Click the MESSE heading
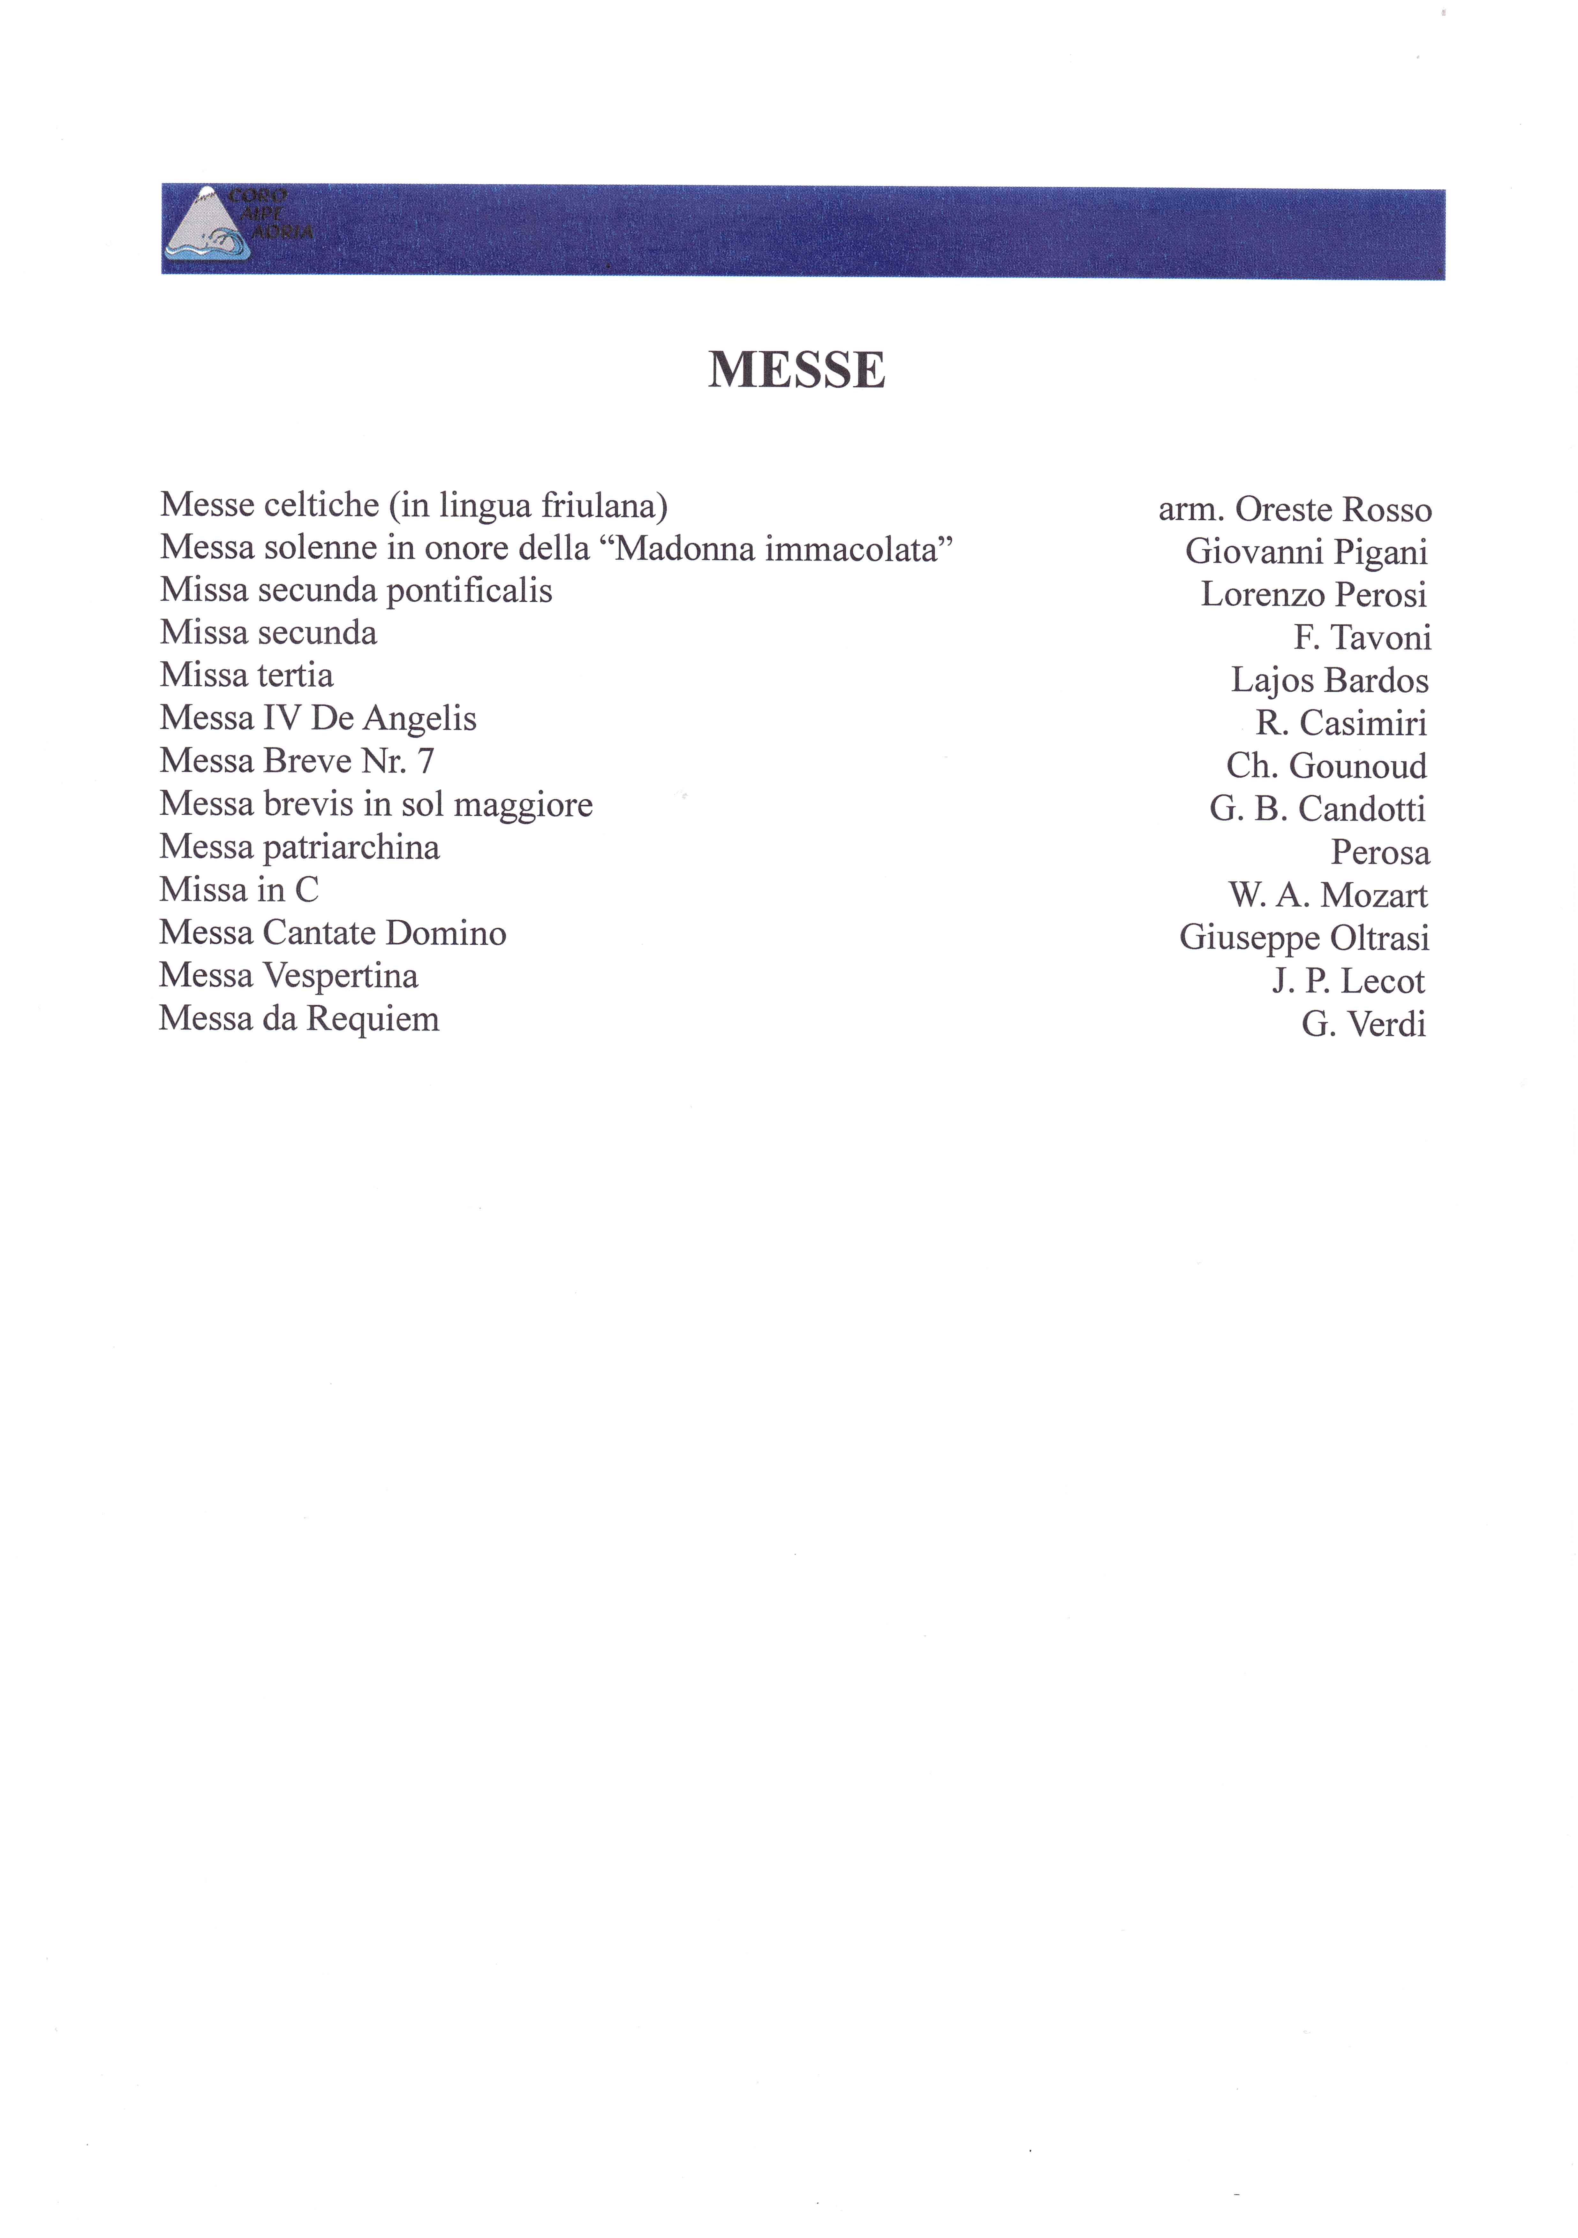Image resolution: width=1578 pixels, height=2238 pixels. point(796,370)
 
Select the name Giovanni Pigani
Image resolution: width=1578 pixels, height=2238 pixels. point(1306,552)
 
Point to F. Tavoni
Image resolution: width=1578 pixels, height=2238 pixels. point(1362,637)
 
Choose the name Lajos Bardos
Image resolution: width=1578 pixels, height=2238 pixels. point(1329,680)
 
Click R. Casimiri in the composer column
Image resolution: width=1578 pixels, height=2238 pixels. point(1341,723)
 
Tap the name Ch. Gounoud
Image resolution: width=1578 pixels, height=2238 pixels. point(1326,766)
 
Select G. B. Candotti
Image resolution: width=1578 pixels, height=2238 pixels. point(1318,809)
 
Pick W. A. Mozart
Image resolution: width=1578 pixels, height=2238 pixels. point(1327,895)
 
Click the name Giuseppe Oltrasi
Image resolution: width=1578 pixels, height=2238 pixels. point(1304,938)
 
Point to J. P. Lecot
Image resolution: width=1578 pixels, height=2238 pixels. point(1348,981)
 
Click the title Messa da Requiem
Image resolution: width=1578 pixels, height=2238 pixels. point(299,1019)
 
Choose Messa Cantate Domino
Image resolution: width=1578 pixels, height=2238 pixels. point(332,933)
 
